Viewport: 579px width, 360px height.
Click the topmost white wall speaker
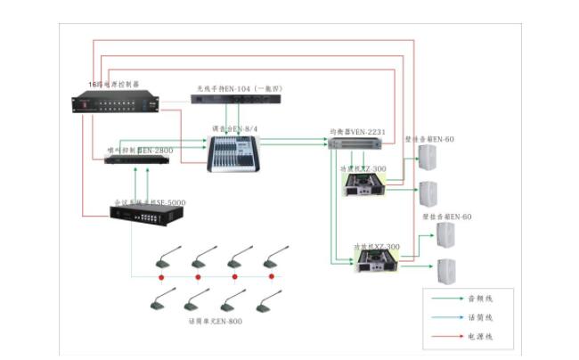[428, 158]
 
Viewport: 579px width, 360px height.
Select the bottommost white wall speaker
[445, 271]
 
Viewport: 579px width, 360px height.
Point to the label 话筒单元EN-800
[215, 320]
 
